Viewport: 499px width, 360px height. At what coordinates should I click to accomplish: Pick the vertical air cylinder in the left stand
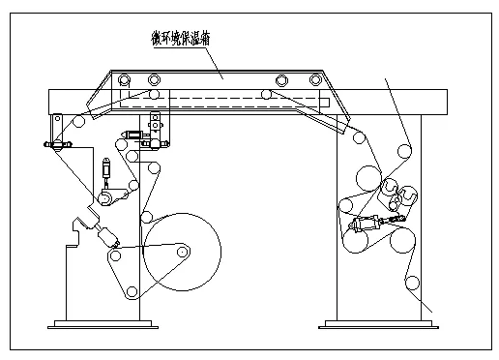106,175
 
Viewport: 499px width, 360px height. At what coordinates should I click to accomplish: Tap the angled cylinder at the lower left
103,234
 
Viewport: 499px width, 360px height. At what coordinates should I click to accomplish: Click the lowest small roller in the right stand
413,283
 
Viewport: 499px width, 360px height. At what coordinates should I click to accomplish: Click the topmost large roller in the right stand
367,178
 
